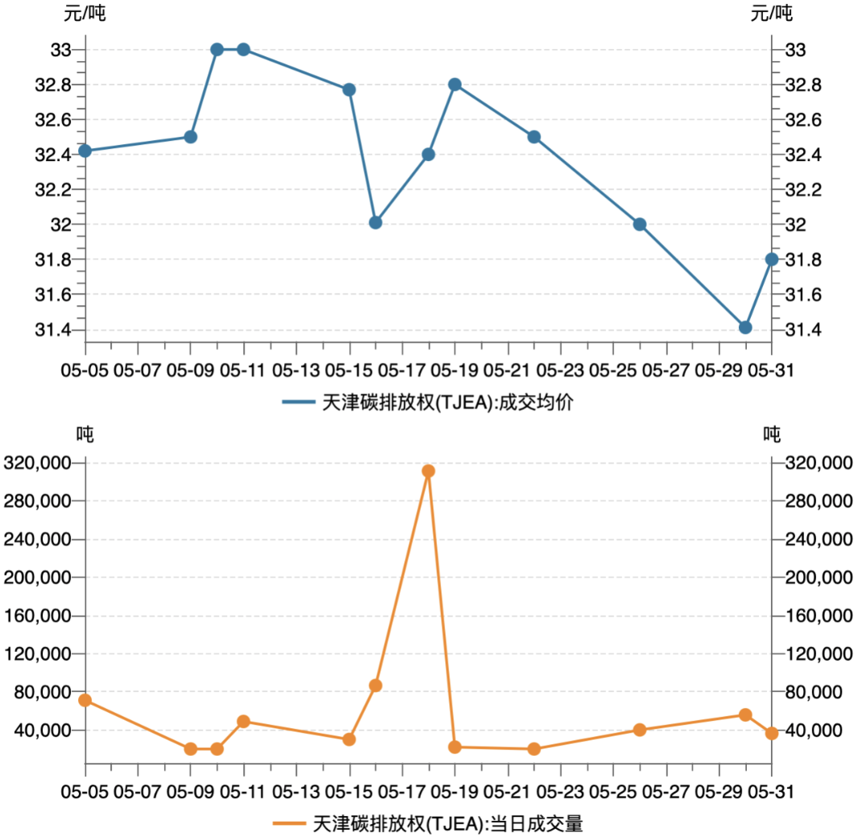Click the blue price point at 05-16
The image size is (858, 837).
tap(375, 222)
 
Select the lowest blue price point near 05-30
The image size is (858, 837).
tap(745, 328)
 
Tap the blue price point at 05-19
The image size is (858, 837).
tap(455, 85)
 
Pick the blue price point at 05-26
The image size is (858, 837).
tap(640, 225)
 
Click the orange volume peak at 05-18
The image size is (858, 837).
tap(428, 471)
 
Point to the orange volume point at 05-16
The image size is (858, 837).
tap(375, 686)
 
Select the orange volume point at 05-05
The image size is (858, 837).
tap(85, 700)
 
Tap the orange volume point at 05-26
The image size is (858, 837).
tap(640, 730)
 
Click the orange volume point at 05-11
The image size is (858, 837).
tap(244, 721)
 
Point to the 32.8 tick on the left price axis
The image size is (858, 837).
tap(54, 85)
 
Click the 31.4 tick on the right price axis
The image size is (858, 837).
tap(802, 330)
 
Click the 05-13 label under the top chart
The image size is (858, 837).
tap(296, 371)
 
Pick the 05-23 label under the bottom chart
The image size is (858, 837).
tap(560, 792)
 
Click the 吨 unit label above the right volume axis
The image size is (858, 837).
tap(772, 435)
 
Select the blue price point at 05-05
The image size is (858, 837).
tap(85, 150)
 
